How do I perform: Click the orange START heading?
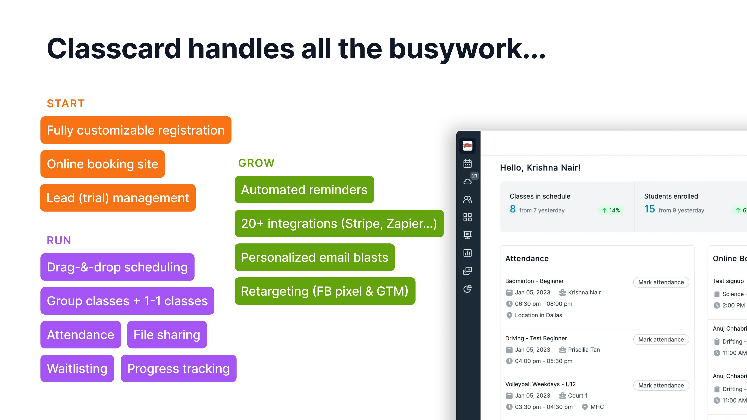pos(66,103)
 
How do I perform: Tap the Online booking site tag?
pos(103,164)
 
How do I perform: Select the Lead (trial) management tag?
pos(118,198)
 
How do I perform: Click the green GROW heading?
pos(256,163)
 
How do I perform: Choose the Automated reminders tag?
pos(304,190)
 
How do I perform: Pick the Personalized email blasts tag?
pos(314,257)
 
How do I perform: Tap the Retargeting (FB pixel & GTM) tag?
pos(325,291)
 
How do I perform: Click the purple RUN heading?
pos(59,240)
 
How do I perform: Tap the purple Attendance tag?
pos(81,335)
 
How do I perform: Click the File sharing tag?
pos(167,335)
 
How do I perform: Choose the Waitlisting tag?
pos(77,369)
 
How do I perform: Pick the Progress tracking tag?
pos(179,369)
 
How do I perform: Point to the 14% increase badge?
pos(611,210)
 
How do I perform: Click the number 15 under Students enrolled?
pos(649,209)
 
